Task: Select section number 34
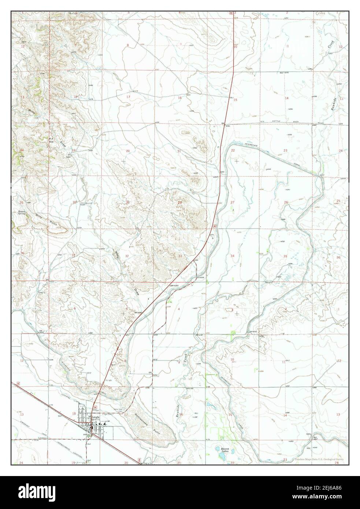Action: coord(232,256)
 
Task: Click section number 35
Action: coord(285,256)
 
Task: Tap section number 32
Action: coord(127,256)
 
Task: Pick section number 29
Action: coord(127,203)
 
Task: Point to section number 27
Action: coord(232,203)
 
